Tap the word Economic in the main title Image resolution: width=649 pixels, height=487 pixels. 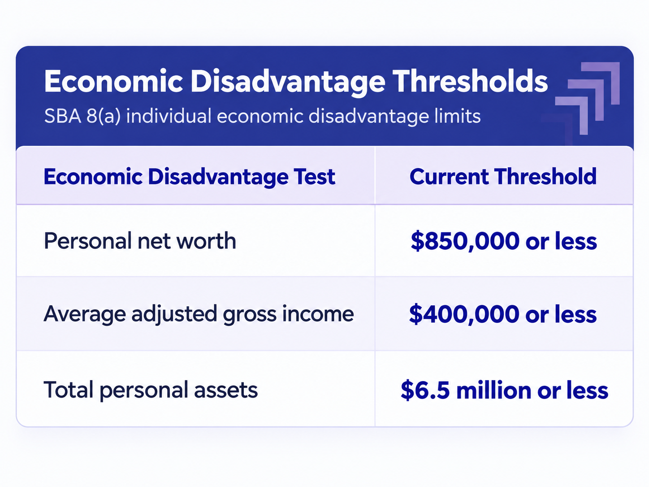click(113, 81)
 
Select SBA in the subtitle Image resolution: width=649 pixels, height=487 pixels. click(63, 116)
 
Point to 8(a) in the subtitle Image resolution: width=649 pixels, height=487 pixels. click(104, 116)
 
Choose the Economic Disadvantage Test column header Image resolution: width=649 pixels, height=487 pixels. click(189, 177)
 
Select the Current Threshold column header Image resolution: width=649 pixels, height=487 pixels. click(503, 177)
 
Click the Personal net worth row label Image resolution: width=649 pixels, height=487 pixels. click(140, 241)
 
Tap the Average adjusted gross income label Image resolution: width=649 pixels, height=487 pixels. click(199, 314)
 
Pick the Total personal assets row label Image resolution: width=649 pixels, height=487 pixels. click(151, 390)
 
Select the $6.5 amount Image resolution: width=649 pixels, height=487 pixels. click(425, 390)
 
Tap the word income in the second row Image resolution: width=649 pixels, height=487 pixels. click(318, 314)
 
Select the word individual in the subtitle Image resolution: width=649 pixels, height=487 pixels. click(169, 116)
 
